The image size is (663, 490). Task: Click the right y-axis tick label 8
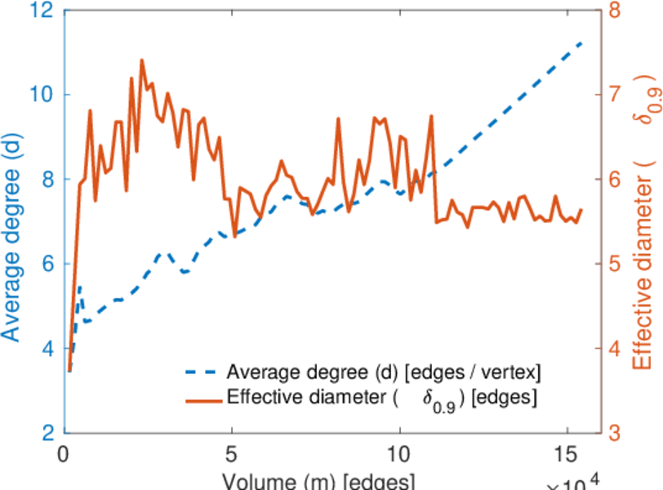click(615, 11)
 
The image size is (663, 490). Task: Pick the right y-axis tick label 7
click(615, 95)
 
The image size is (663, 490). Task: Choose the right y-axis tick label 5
click(615, 264)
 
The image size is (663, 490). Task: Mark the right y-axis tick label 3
click(615, 432)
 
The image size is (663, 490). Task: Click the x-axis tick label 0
click(65, 454)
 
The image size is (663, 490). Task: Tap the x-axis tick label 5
click(233, 454)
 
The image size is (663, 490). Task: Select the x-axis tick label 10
click(400, 454)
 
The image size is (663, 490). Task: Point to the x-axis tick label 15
click(567, 454)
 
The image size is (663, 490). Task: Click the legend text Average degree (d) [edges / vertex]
click(385, 373)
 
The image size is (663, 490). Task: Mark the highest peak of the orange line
click(142, 60)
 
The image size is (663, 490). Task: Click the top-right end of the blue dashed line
click(582, 41)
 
